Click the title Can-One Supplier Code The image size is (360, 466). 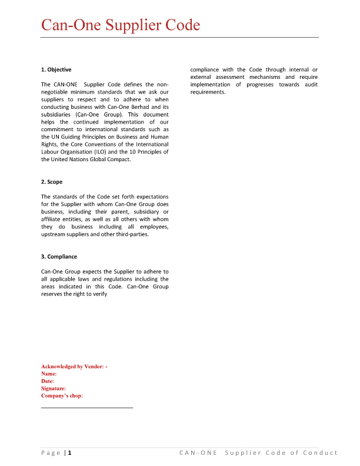(121, 25)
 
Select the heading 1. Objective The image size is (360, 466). (56, 70)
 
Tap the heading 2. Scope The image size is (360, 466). (52, 182)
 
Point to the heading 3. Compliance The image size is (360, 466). (59, 257)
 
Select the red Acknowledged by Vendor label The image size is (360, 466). (74, 367)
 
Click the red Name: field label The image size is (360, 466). (49, 374)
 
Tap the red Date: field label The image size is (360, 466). (48, 381)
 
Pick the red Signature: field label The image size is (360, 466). (54, 388)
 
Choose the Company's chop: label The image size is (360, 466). (62, 396)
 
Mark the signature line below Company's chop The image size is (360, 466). (87, 407)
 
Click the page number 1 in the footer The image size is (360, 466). (70, 452)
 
